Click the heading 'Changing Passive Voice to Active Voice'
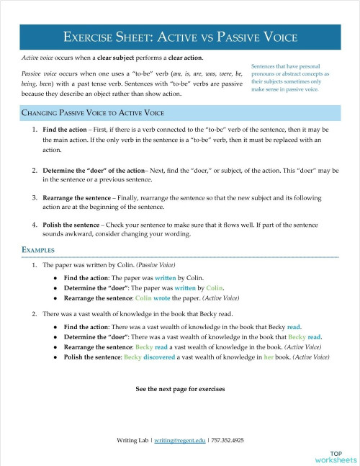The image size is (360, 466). [94, 113]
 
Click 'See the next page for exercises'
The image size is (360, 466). [180, 389]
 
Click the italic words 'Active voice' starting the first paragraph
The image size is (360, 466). [37, 57]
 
